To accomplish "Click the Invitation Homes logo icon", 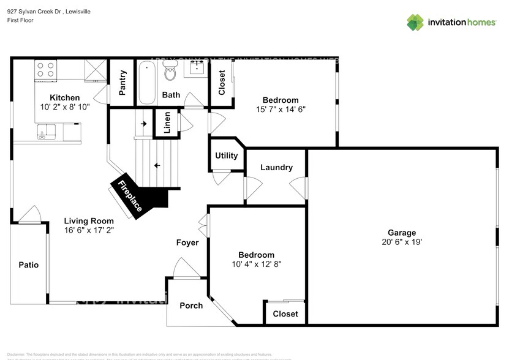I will click(x=415, y=22).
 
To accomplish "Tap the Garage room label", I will click(x=401, y=233).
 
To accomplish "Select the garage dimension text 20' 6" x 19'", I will click(x=401, y=242).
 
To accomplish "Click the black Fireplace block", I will click(x=140, y=195).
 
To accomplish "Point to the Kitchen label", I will click(x=64, y=97).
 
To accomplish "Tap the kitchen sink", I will click(x=45, y=131).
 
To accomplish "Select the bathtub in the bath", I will click(x=146, y=83).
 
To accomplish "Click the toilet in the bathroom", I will click(x=170, y=73).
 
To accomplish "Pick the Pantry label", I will click(x=122, y=83).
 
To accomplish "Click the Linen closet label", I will click(x=167, y=124).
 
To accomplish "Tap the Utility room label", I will click(x=226, y=156).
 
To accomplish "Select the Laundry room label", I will click(x=276, y=167).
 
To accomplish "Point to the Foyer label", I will click(x=187, y=242).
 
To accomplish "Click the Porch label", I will click(x=190, y=306).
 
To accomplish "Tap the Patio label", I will click(x=28, y=265).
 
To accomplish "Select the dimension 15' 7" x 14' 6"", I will click(x=280, y=110).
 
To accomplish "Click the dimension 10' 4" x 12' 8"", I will click(x=257, y=264).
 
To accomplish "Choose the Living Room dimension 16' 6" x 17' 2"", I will click(x=89, y=230).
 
